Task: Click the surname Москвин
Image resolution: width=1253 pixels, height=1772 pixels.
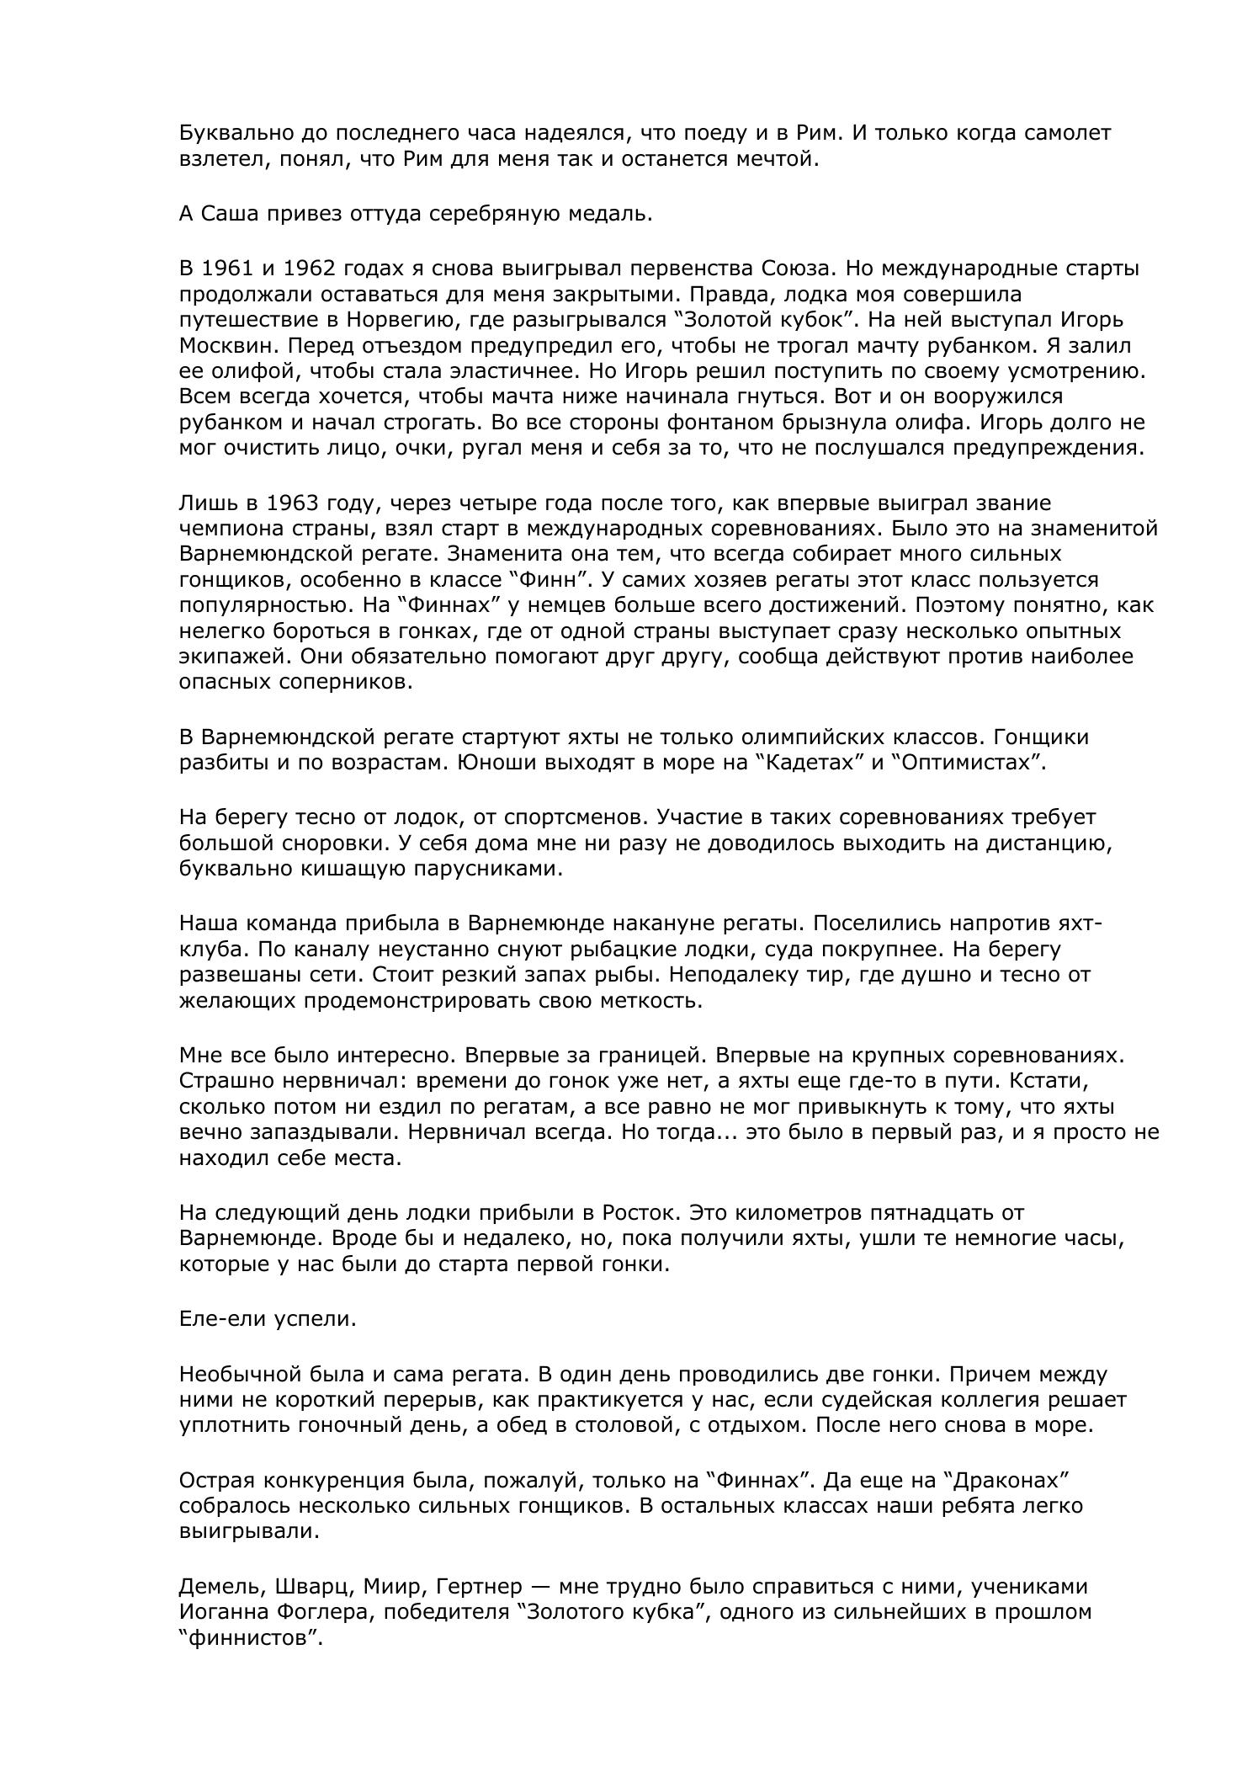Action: point(220,346)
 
